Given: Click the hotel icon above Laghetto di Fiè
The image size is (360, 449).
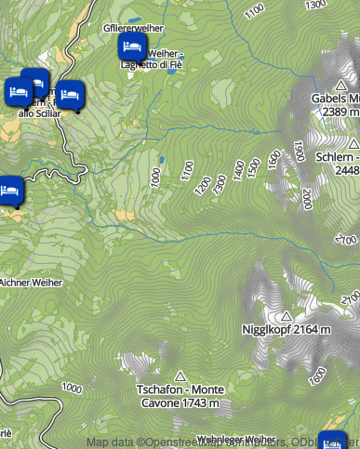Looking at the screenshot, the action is [x=131, y=46].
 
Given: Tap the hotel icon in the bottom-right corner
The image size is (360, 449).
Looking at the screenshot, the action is [x=332, y=442].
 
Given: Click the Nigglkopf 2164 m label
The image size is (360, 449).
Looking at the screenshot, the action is [x=286, y=330].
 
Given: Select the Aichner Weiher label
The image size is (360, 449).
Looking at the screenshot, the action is [x=29, y=282].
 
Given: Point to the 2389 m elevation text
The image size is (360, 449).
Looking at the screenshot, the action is [x=340, y=111].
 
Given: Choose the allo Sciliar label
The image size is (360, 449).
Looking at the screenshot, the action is [x=39, y=113].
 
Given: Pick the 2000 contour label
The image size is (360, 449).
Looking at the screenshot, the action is [x=307, y=197].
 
